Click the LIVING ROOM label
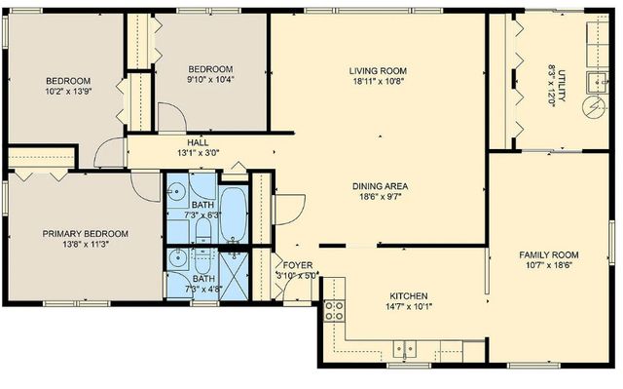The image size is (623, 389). [x=378, y=71]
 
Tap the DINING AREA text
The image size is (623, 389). [x=380, y=185]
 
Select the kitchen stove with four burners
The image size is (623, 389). [x=333, y=310]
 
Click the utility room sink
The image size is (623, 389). [x=593, y=80]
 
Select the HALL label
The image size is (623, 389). [x=198, y=142]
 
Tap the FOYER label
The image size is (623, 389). [x=297, y=264]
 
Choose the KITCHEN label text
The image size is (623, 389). [x=409, y=295]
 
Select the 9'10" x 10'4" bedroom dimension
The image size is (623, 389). [x=210, y=81]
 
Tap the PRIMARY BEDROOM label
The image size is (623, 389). [x=85, y=234]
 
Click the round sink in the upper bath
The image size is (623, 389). [x=176, y=191]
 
